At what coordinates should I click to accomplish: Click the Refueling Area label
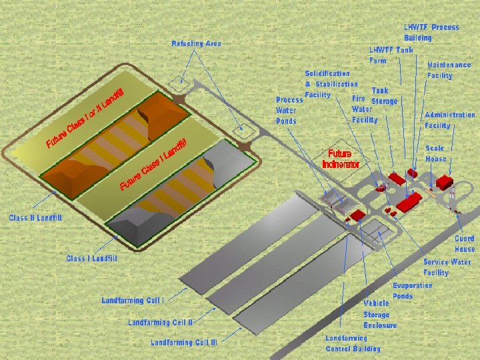pos(196,43)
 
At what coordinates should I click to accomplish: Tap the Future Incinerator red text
pos(341,159)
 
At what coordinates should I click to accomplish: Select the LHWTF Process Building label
pos(431,32)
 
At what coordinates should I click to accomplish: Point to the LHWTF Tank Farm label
pos(391,55)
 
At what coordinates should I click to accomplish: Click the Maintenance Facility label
pos(449,70)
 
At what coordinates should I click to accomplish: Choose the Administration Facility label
pos(449,120)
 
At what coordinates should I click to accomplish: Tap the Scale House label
pos(436,153)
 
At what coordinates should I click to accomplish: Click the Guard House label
pos(465,243)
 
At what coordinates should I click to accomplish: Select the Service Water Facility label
pos(447,267)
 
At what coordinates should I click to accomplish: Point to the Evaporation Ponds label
pos(412,291)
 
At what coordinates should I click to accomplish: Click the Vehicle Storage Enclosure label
pos(380,314)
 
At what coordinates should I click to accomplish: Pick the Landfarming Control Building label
pos(353,343)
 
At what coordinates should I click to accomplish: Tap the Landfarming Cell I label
pos(133,301)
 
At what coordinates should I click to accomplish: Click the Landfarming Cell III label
pos(183,343)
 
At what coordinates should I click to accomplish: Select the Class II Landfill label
pos(35,218)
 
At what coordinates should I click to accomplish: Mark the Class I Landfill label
pos(91,258)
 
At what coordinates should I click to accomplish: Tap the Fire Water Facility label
pos(365,109)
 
